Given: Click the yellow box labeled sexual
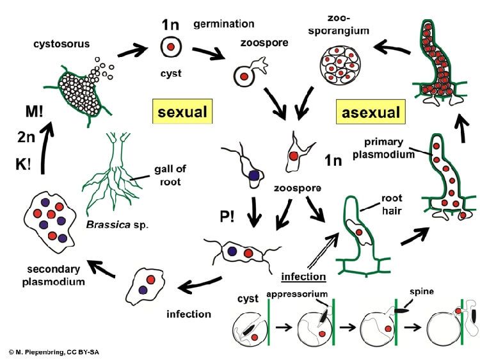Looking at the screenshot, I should click(182, 112).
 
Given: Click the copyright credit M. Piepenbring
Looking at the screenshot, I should click(54, 352).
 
